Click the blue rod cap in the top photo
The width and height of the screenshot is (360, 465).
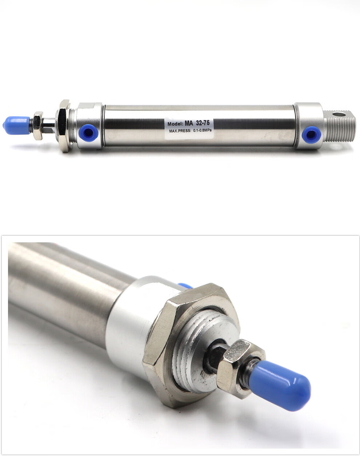pyautogui.click(x=16, y=126)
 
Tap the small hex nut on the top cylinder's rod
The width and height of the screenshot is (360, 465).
pyautogui.click(x=38, y=126)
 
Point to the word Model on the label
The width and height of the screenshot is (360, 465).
pyautogui.click(x=176, y=124)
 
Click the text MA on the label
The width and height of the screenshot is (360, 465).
pyautogui.click(x=189, y=123)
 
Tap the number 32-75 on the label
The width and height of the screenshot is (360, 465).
pyautogui.click(x=203, y=123)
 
